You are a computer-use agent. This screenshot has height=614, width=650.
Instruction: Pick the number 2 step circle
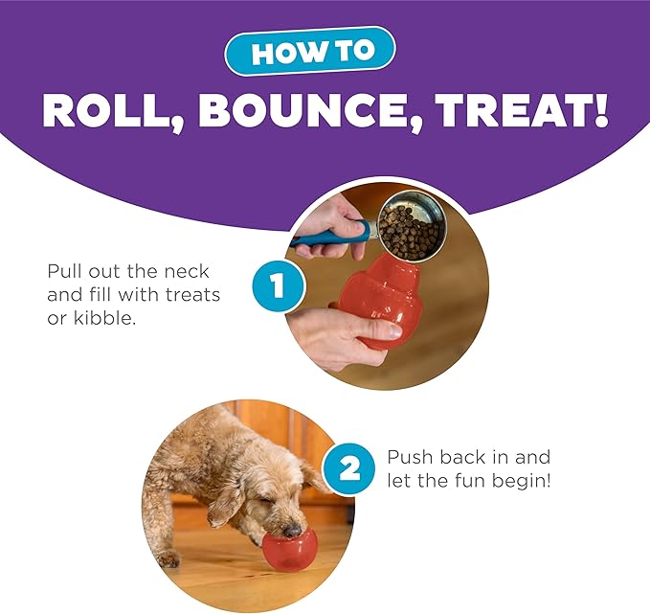[351, 468]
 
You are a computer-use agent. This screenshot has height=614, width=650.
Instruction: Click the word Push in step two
[410, 458]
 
